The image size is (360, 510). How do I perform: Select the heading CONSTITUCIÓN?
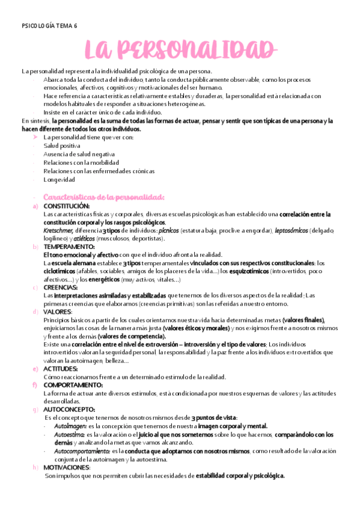click(66, 206)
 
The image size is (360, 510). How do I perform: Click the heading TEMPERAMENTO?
click(69, 247)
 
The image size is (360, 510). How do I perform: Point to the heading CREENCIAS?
click(60, 287)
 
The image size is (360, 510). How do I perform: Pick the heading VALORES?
click(57, 312)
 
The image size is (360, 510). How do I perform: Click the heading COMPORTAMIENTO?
click(73, 385)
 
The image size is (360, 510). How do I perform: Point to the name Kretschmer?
click(58, 230)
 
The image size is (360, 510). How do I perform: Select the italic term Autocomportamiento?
click(82, 450)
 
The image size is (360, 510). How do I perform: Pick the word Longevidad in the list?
click(59, 179)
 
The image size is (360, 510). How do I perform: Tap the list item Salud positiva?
click(62, 146)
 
